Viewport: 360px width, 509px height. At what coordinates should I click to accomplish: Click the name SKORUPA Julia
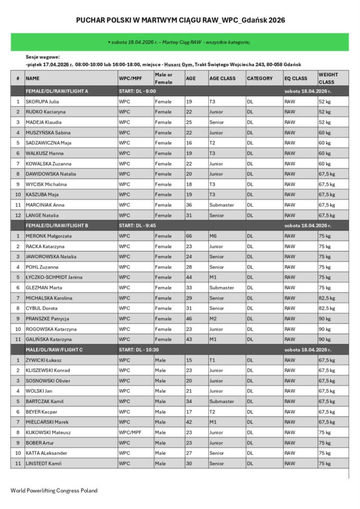coord(42,101)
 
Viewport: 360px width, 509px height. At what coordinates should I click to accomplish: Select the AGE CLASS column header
coord(222,78)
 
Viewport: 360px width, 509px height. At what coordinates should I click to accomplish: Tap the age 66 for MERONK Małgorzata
coord(189,236)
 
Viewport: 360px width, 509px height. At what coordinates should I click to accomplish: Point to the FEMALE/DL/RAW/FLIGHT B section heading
coord(57,225)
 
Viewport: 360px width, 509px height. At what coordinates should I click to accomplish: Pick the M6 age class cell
coord(213,236)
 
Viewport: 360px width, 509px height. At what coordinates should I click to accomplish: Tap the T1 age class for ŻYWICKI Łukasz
coord(212,360)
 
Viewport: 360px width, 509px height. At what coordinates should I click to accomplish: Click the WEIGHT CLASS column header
coord(328,78)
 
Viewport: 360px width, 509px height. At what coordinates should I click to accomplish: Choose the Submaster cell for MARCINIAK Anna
coord(222,205)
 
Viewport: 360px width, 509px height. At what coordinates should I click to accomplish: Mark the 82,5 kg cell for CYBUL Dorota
coord(327,308)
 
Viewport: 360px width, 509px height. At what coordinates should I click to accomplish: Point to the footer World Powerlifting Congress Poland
coord(54,491)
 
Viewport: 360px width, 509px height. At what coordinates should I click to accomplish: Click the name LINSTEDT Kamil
coord(44,463)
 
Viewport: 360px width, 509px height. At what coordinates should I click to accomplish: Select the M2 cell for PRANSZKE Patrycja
coord(213,319)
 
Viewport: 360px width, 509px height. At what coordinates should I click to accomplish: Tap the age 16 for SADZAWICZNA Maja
coord(189,143)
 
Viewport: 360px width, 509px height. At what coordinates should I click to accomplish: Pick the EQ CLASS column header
coord(296,78)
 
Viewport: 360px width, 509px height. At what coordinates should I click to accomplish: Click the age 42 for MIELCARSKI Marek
coord(189,422)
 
